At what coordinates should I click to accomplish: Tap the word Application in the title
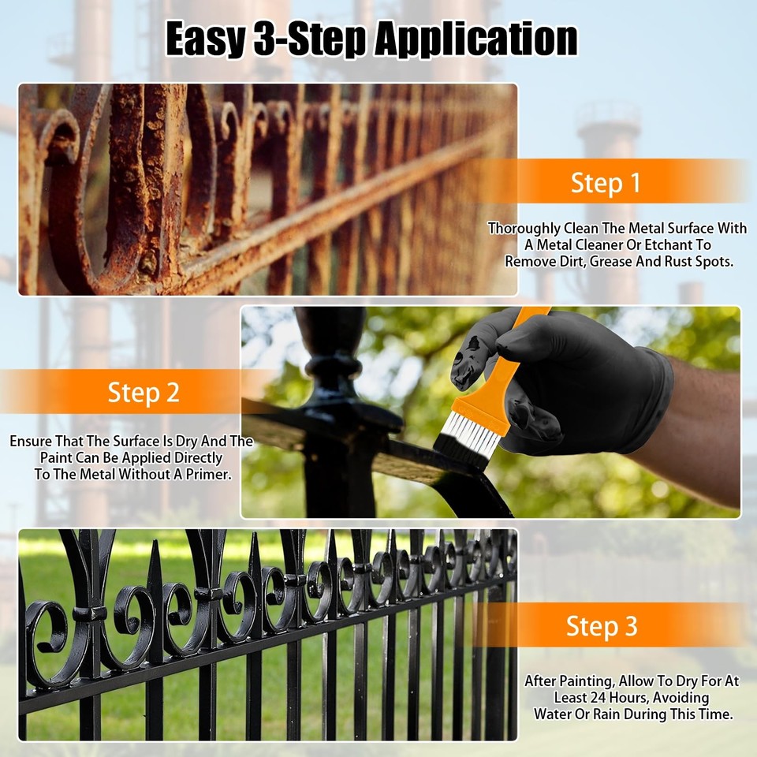(475, 39)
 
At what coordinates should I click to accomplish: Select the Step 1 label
(606, 183)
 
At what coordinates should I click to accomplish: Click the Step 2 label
(144, 392)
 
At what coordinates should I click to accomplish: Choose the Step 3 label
(602, 626)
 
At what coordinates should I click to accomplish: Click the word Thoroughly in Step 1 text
(523, 229)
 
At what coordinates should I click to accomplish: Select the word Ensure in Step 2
(31, 442)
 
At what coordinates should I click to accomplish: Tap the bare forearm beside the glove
(702, 434)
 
